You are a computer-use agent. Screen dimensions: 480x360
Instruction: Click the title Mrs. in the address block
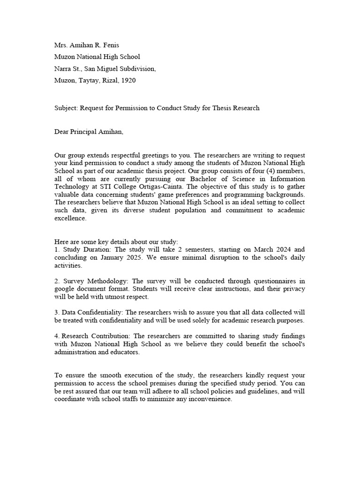click(61, 45)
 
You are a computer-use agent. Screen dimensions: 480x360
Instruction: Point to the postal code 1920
click(128, 81)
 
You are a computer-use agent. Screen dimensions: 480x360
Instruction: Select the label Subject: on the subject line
click(66, 108)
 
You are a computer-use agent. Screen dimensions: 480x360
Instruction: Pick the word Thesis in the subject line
click(226, 108)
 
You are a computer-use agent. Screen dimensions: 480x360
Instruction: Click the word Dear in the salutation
click(62, 132)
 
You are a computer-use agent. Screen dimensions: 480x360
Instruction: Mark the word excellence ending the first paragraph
click(70, 218)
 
